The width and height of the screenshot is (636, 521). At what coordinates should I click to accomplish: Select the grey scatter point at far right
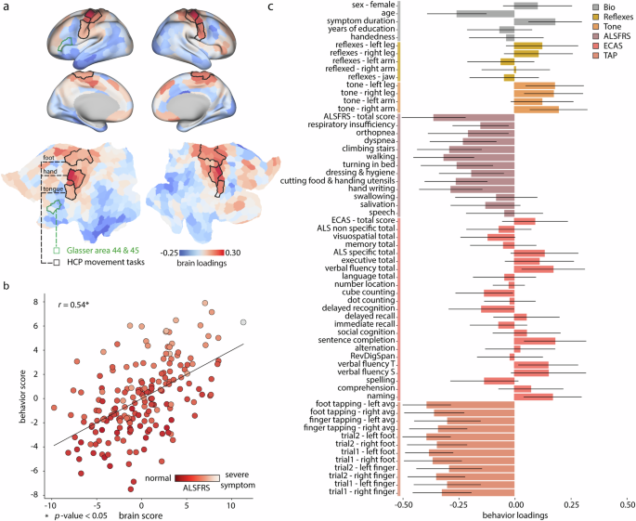(243, 321)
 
